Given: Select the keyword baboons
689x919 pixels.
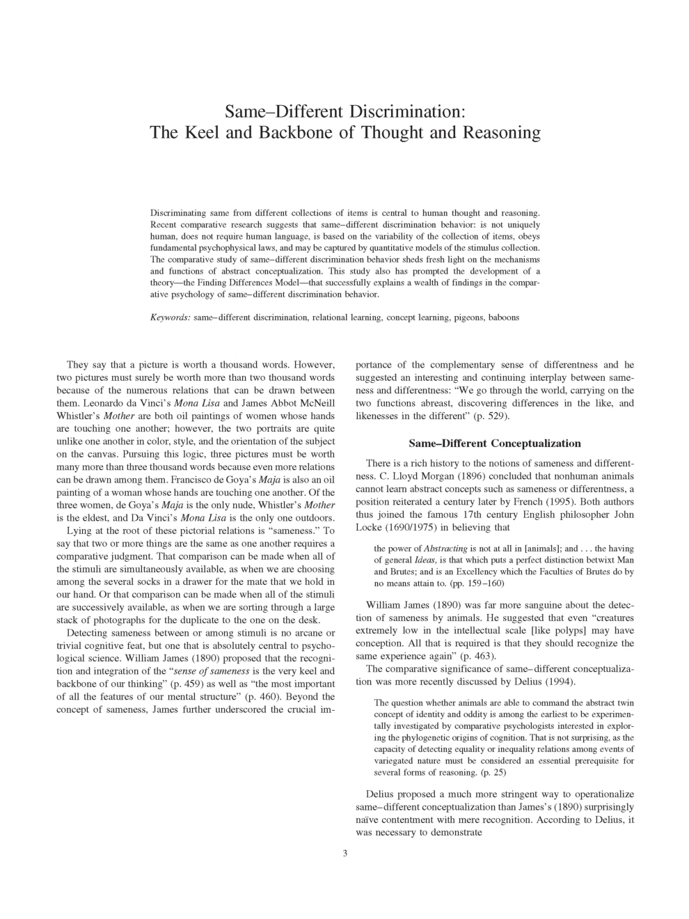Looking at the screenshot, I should click(503, 317).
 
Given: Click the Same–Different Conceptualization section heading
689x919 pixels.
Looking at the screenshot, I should click(494, 443).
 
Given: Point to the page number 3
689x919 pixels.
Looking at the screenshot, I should click(344, 854).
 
